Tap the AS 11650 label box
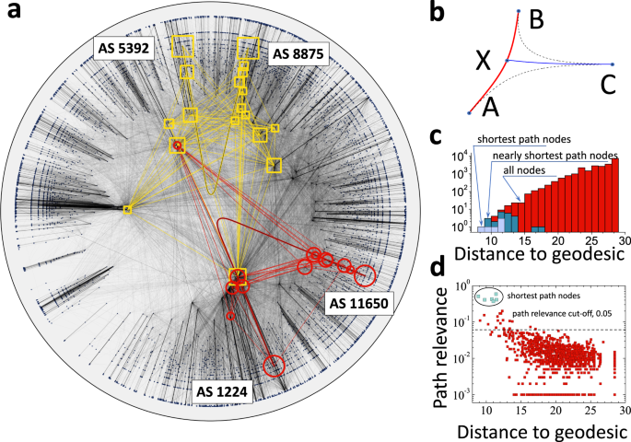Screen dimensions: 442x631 tap(355, 302)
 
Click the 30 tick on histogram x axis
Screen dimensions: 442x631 tap(623, 240)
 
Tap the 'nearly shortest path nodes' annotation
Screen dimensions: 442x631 tap(554, 156)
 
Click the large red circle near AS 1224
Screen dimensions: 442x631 tap(274, 366)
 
